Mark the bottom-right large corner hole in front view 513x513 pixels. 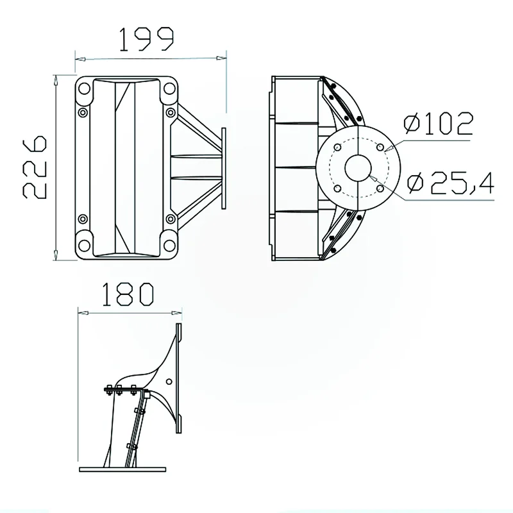click(x=168, y=244)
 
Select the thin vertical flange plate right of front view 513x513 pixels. click(x=223, y=167)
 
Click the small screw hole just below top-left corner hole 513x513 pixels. click(x=83, y=114)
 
